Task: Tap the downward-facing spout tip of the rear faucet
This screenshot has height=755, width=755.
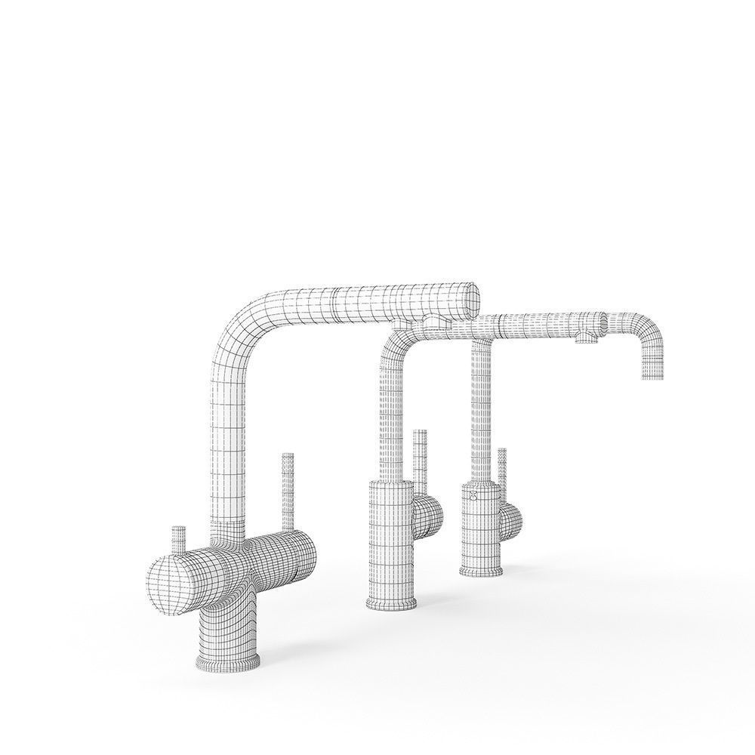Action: tap(653, 374)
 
